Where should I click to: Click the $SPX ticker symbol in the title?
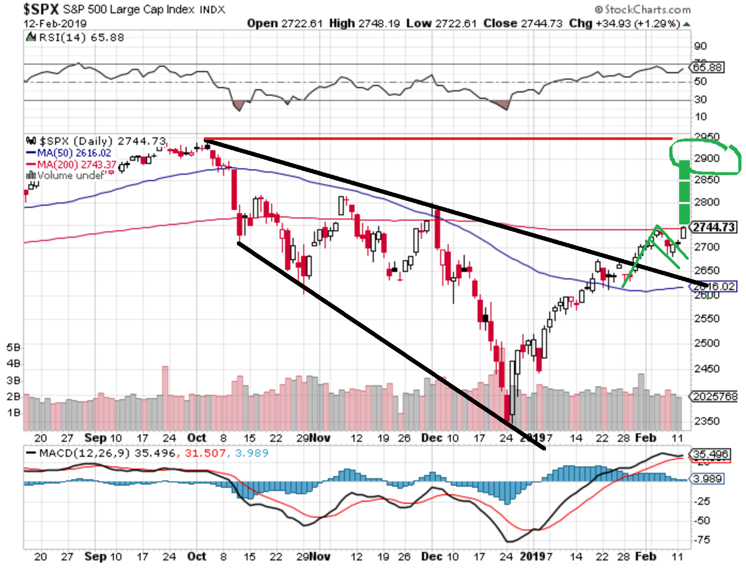click(41, 9)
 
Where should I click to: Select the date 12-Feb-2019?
click(55, 24)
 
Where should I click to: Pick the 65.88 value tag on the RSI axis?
click(707, 67)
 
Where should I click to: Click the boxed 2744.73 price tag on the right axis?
click(714, 227)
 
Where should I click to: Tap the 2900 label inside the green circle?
click(707, 158)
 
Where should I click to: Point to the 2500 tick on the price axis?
click(706, 343)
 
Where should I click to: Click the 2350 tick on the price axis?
click(706, 420)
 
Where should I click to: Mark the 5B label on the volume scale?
click(13, 347)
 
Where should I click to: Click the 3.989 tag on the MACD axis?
click(707, 479)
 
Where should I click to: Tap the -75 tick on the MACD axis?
click(703, 540)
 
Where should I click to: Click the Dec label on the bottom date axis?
click(432, 556)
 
